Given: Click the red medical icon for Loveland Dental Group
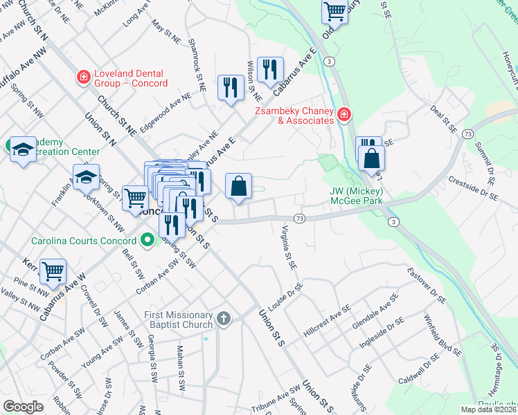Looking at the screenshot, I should (x=83, y=75).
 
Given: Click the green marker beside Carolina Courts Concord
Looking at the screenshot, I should (x=147, y=241).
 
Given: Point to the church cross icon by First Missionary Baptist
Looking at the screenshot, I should (x=223, y=319).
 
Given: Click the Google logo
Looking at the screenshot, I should (x=23, y=407).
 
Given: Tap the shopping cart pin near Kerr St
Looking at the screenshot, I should (x=53, y=271).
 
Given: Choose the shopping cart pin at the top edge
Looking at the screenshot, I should (x=334, y=11).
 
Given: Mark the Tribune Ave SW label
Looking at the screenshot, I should (x=275, y=400).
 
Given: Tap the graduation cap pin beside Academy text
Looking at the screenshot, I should (x=22, y=149).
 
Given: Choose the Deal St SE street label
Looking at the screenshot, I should (x=443, y=119).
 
